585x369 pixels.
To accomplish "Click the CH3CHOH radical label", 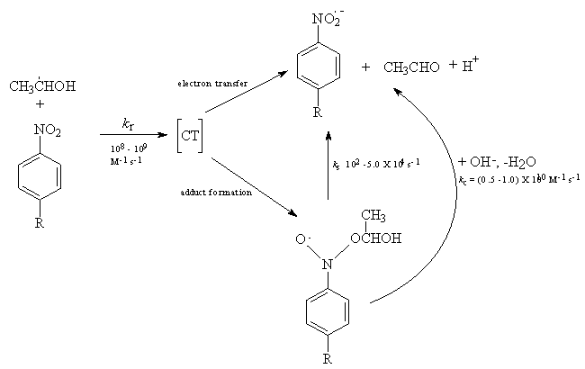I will pos(42,87).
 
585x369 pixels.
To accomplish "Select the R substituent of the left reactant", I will pos(39,223).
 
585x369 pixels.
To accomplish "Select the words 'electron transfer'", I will pos(207,83).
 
